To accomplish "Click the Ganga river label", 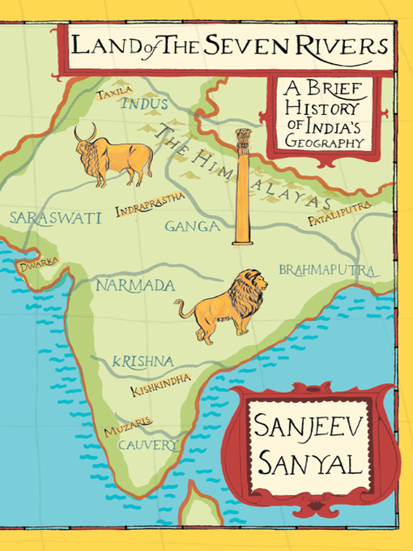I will (x=193, y=226).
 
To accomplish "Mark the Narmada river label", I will (x=135, y=285).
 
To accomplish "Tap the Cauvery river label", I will (x=147, y=446).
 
